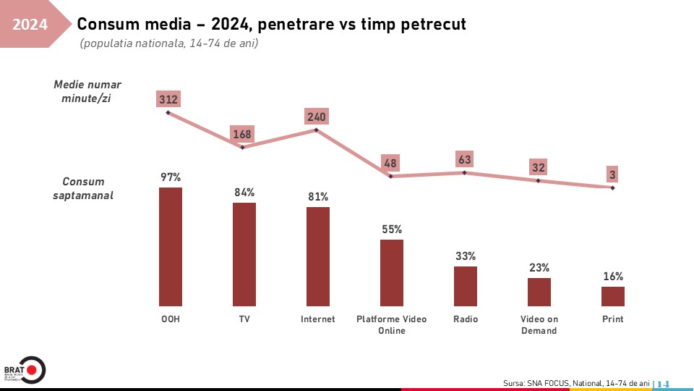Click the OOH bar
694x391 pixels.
171,247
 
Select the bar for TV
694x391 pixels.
244,254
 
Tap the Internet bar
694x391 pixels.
318,256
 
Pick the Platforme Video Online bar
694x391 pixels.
392,273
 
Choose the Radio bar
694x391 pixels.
466,286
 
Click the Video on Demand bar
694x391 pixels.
539,292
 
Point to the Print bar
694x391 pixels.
613,296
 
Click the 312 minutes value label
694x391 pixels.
168,99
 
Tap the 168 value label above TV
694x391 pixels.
242,134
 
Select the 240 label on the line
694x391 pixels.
317,117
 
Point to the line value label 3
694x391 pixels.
612,175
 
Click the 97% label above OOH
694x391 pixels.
171,177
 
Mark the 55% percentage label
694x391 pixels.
392,230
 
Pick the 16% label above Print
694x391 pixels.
613,276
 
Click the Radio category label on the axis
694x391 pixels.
466,319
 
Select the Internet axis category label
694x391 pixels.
318,319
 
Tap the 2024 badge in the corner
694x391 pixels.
30,25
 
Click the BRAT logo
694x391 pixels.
24,369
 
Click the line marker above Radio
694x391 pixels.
465,172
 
